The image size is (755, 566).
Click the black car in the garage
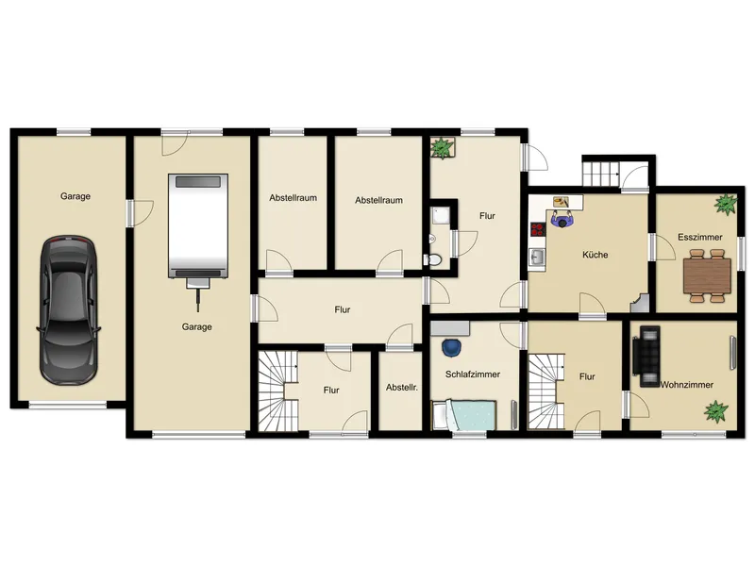(69, 310)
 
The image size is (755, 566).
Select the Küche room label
(596, 255)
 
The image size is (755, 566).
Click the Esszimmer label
(700, 237)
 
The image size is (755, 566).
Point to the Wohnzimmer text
(687, 385)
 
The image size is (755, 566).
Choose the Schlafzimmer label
(473, 374)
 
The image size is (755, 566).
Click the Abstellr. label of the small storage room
(402, 387)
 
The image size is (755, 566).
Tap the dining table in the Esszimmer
(707, 275)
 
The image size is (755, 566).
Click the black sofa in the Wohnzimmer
(646, 357)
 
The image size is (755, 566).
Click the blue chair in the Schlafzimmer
(451, 348)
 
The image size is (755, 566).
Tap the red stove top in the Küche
(538, 229)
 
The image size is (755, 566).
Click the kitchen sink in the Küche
(537, 258)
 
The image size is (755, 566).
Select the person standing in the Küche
(562, 220)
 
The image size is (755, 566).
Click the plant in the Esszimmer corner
(725, 205)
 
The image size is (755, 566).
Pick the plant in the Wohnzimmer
(716, 412)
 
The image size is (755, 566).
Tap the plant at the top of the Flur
(442, 148)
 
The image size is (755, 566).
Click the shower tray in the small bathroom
(440, 216)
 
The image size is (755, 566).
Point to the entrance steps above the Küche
(600, 174)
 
